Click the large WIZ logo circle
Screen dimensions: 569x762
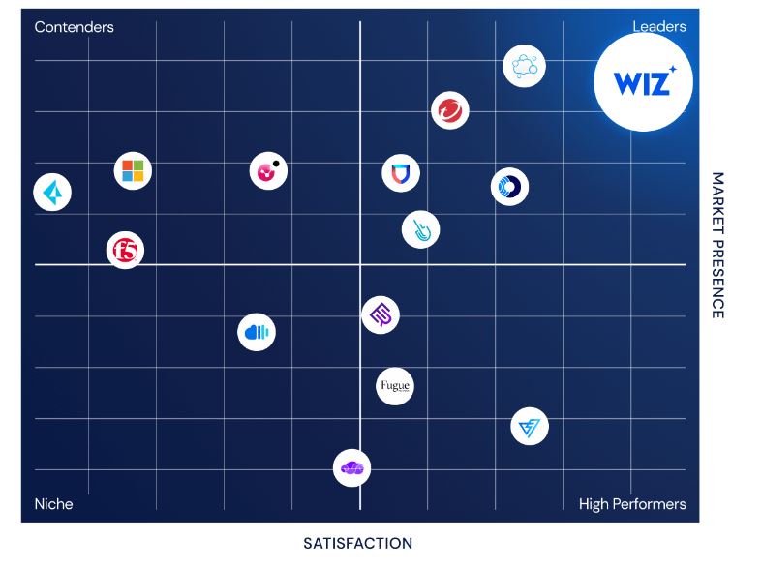(642, 82)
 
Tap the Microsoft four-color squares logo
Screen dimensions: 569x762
(133, 171)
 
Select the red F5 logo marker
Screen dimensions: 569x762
(125, 251)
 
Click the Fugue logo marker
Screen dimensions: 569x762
(394, 386)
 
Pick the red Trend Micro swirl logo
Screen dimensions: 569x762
(449, 110)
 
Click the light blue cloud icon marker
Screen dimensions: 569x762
(525, 67)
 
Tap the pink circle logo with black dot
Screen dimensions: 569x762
(268, 171)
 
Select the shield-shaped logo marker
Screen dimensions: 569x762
(400, 174)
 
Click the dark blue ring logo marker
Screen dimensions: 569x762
(509, 187)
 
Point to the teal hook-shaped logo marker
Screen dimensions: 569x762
(420, 229)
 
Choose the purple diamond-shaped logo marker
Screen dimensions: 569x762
(381, 314)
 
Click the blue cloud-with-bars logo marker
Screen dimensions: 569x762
(257, 333)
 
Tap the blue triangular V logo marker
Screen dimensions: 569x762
(530, 426)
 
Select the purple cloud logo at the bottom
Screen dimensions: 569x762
(351, 468)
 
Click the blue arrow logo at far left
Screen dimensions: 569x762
(52, 193)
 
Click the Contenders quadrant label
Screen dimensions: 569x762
(74, 27)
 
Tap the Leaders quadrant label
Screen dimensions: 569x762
(659, 27)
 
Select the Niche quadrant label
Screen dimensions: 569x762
(54, 503)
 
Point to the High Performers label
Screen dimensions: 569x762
(632, 503)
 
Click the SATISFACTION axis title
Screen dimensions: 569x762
(357, 543)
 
